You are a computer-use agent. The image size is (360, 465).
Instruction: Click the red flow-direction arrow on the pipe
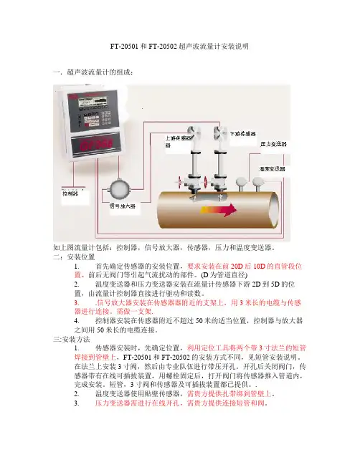[219, 210]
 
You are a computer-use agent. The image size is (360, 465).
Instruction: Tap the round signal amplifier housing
[119, 189]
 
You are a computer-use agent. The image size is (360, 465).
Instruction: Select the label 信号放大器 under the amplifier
[123, 206]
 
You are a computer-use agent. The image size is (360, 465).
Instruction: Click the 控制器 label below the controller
[70, 193]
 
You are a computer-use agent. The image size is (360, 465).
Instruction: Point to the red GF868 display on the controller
[96, 144]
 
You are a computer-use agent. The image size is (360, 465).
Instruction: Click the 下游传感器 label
[243, 134]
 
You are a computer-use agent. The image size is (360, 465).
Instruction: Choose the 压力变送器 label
[273, 144]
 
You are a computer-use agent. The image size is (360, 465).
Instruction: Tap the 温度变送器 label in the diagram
[273, 169]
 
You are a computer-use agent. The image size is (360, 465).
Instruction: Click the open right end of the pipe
[274, 210]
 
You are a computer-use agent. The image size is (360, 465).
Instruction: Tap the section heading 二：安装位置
[74, 257]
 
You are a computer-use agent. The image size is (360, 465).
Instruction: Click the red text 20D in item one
[237, 266]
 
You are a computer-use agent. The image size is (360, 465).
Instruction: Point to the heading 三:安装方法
[72, 339]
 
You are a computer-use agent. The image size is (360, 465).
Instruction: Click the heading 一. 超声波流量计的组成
[93, 72]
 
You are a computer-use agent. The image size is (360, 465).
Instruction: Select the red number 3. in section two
[77, 303]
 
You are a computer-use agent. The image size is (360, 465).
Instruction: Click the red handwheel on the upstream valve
[179, 182]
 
